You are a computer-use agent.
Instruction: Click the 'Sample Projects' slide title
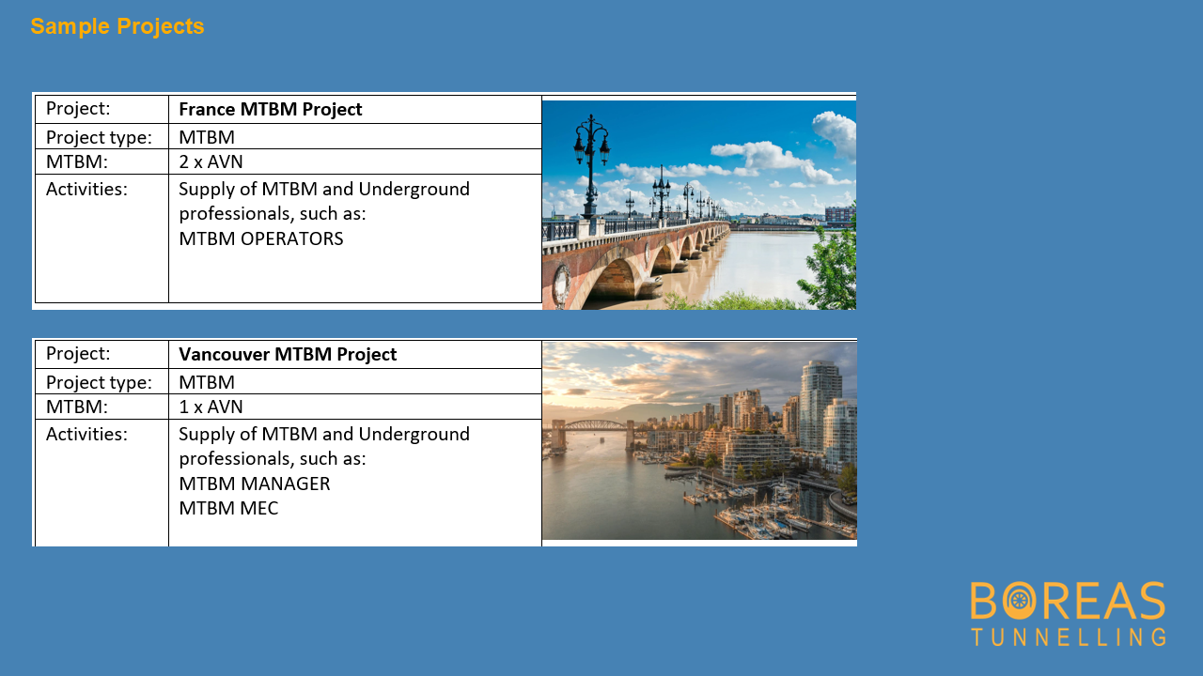point(117,26)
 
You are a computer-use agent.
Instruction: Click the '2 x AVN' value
point(211,161)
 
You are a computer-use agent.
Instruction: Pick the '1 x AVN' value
point(211,407)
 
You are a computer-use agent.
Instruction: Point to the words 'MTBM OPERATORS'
point(261,238)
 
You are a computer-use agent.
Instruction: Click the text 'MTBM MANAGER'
point(255,484)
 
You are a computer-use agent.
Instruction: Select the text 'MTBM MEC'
point(228,508)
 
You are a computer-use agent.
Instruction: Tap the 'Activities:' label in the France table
point(86,189)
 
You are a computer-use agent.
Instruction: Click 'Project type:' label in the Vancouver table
point(99,382)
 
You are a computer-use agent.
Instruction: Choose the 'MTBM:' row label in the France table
point(77,161)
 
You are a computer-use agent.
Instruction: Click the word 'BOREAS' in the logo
point(1068,600)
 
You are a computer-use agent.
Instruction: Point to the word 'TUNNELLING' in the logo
point(1069,637)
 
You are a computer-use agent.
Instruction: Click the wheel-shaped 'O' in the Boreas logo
point(1019,600)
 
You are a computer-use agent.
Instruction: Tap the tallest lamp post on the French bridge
point(591,166)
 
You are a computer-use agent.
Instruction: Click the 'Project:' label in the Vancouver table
point(78,354)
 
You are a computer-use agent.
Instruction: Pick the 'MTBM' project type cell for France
point(207,137)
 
